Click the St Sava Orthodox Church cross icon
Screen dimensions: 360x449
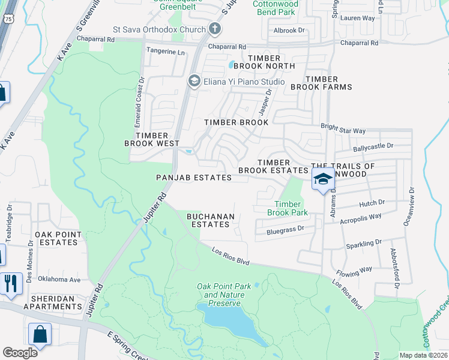tap(215, 29)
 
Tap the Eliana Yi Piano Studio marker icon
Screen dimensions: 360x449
tap(194, 81)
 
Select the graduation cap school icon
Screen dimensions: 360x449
tap(322, 179)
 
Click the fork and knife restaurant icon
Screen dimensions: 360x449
tap(10, 283)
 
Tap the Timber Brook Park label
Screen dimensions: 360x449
tap(287, 209)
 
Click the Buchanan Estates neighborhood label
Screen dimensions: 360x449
tap(208, 220)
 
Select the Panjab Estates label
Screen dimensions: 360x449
tap(193, 178)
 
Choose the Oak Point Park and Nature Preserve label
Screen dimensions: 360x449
tap(220, 295)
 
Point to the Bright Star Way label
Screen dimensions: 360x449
tap(343, 130)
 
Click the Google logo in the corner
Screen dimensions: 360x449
tap(20, 353)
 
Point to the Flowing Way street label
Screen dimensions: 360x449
tap(355, 268)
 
